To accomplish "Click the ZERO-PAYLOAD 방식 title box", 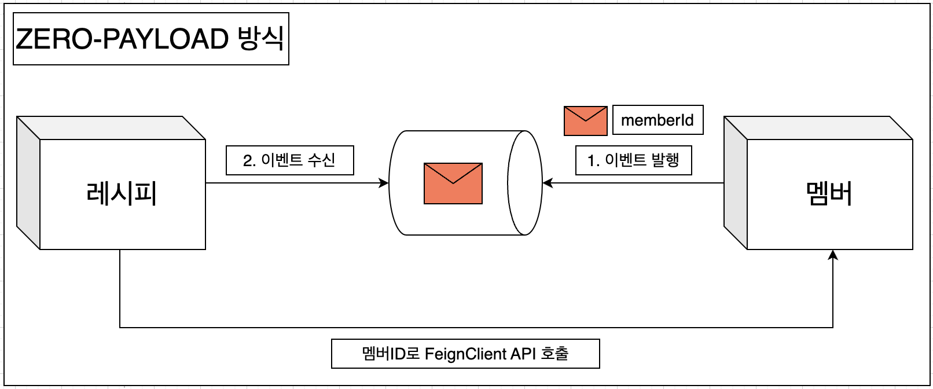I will [x=150, y=39].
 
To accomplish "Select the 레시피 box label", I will [x=122, y=193].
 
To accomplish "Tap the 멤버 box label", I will [x=829, y=193].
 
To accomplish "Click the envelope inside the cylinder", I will [x=453, y=184].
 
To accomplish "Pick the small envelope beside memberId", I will [x=585, y=120].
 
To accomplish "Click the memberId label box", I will [x=657, y=120].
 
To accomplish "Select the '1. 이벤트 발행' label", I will [x=633, y=160].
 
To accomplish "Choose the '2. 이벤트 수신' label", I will [x=289, y=160].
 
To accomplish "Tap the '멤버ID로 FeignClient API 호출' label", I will [x=465, y=354].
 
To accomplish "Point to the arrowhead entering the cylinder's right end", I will [x=547, y=183].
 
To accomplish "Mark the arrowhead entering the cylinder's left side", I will [x=384, y=183].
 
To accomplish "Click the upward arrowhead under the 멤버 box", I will [x=833, y=255].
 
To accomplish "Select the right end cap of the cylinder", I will [x=525, y=183].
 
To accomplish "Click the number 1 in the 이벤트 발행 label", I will [x=590, y=161].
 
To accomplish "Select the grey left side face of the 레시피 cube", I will [x=28, y=183].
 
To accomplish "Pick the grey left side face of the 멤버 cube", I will [x=736, y=183].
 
